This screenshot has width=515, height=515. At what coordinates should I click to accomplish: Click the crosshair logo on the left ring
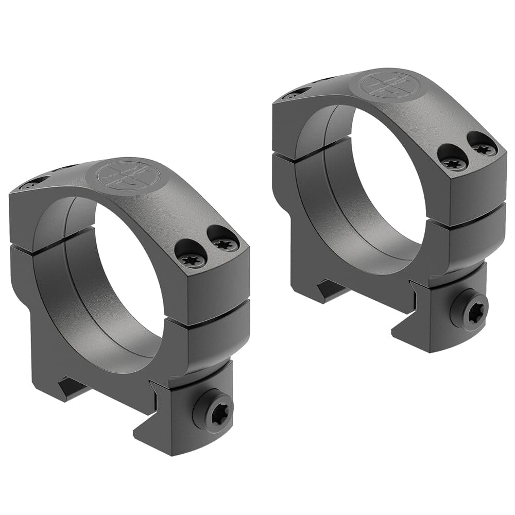coord(128,176)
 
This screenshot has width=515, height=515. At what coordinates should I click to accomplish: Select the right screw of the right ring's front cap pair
coord(484,149)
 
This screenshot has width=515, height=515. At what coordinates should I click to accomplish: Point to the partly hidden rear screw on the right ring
coord(294,95)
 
